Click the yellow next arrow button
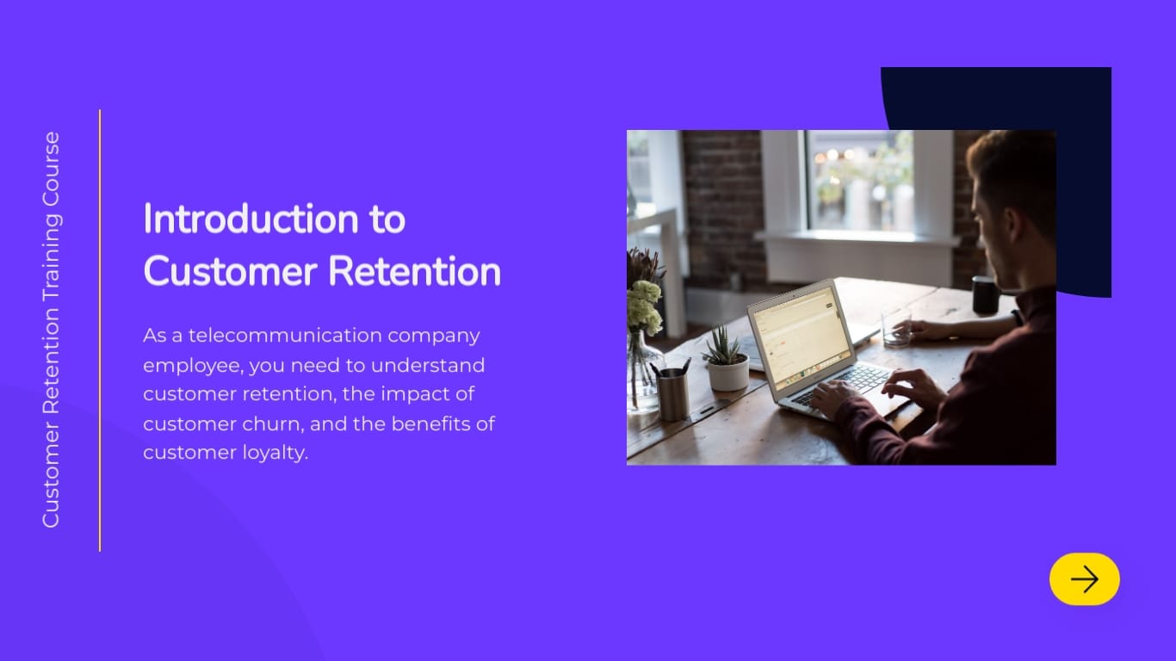click(x=1084, y=579)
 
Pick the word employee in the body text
click(x=192, y=366)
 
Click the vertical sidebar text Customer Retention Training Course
click(x=52, y=330)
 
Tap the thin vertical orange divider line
click(x=100, y=330)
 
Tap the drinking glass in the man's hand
click(x=896, y=328)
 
